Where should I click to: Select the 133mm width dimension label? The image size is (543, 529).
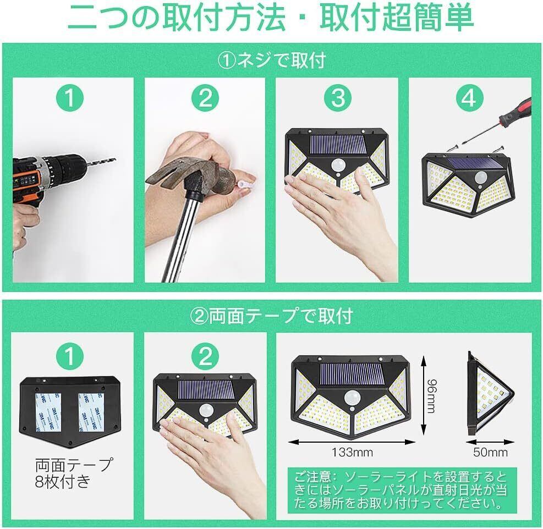pyautogui.click(x=352, y=452)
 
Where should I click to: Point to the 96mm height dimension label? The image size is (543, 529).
pyautogui.click(x=431, y=396)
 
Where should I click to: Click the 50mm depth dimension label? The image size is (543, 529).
pyautogui.click(x=490, y=452)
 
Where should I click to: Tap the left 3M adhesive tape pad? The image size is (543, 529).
pyautogui.click(x=48, y=412)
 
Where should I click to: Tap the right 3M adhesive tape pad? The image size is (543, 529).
pyautogui.click(x=91, y=412)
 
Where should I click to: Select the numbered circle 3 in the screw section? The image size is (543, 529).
pyautogui.click(x=338, y=98)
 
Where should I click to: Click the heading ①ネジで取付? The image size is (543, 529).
pyautogui.click(x=272, y=60)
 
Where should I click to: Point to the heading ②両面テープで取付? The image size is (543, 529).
pyautogui.click(x=272, y=316)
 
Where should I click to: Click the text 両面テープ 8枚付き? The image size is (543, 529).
pyautogui.click(x=73, y=472)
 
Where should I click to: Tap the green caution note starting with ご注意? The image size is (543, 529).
pyautogui.click(x=402, y=490)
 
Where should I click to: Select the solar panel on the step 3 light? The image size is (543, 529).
pyautogui.click(x=338, y=145)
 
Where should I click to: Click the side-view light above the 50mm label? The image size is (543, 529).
pyautogui.click(x=490, y=394)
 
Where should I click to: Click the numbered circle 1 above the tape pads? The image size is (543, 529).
pyautogui.click(x=70, y=356)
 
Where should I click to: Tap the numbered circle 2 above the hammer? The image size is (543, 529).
pyautogui.click(x=205, y=98)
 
